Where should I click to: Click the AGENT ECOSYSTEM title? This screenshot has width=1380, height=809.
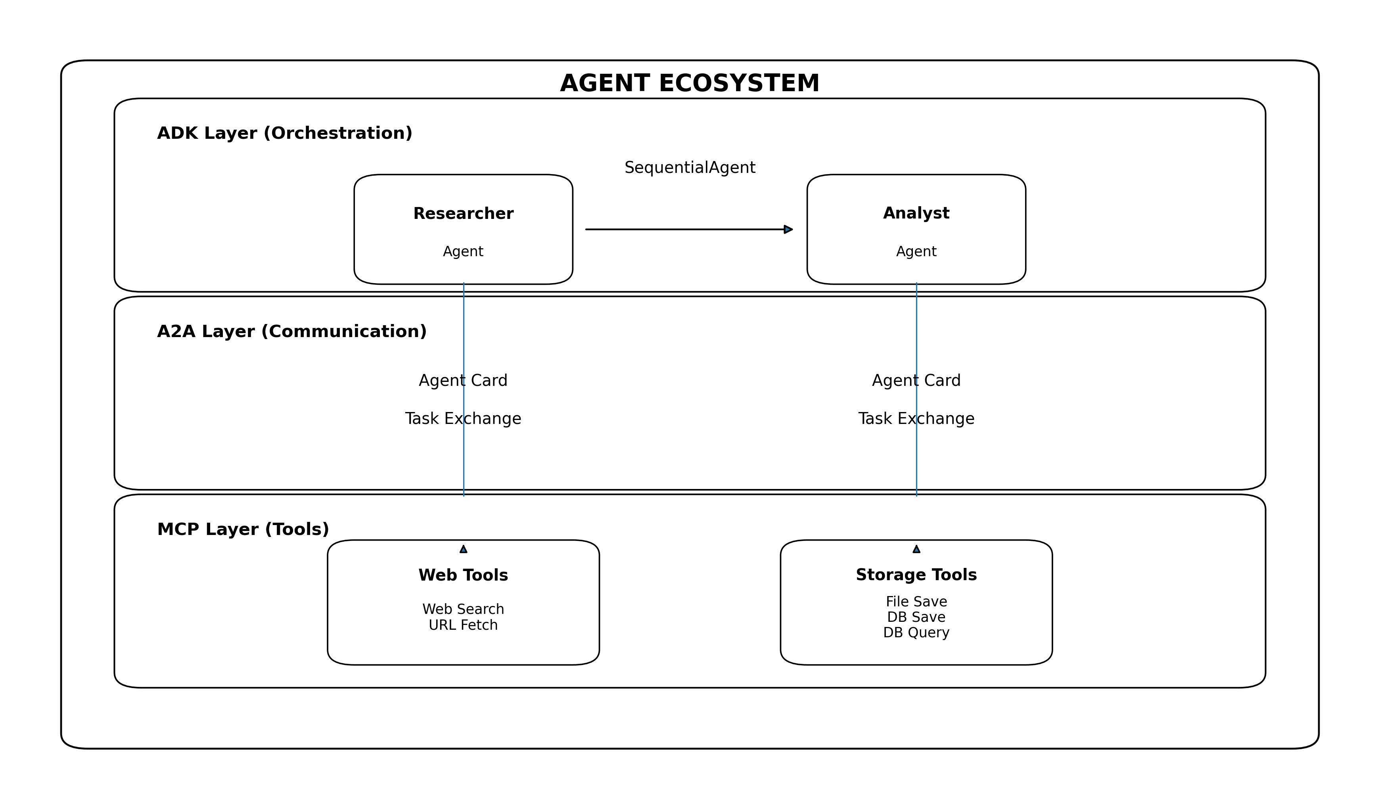coord(690,84)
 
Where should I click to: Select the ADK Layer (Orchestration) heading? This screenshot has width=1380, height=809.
coord(284,133)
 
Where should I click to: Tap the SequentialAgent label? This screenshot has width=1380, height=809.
coord(690,168)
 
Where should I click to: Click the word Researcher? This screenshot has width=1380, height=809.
coord(463,214)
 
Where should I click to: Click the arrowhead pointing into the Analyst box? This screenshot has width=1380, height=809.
coord(788,230)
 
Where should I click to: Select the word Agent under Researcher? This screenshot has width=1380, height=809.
coord(463,251)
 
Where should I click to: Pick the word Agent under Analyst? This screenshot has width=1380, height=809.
coord(916,251)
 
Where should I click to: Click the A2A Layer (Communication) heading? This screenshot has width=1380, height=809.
coord(291,332)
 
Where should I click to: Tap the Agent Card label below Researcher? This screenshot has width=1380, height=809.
coord(463,381)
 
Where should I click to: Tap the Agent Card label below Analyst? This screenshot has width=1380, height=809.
coord(916,381)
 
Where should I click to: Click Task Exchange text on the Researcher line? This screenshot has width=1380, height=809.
coord(463,419)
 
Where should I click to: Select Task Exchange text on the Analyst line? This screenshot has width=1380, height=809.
coord(916,419)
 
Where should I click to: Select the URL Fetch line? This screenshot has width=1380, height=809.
coord(463,625)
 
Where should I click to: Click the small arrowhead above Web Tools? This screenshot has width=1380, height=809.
coord(463,549)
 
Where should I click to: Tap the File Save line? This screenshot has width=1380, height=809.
coord(916,602)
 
